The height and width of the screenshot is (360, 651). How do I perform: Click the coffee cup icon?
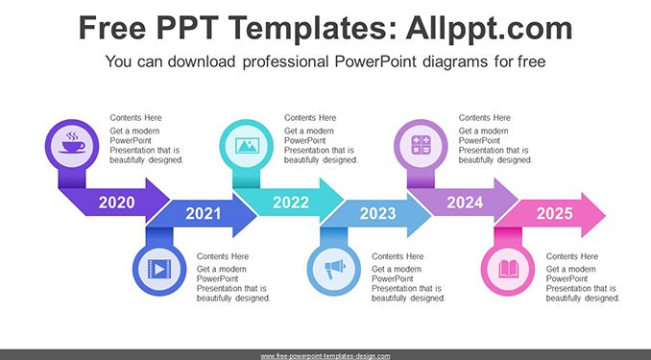point(72,143)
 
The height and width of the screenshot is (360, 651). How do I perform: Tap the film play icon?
point(159,269)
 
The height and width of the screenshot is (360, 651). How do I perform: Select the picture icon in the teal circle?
point(247,145)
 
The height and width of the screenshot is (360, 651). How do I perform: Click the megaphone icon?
point(335,269)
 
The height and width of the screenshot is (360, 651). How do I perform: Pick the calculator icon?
point(421,145)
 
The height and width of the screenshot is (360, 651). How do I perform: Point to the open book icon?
point(508,269)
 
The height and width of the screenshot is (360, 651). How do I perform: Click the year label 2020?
point(117,203)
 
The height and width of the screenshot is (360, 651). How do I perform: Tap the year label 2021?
point(203,213)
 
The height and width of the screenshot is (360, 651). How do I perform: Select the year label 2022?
point(291,203)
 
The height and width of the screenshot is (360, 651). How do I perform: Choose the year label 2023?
point(377,213)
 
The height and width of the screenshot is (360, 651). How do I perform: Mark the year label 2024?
point(465,203)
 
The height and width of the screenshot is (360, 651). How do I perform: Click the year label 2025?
point(555,213)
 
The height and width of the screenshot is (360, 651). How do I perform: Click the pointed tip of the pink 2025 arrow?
point(605,215)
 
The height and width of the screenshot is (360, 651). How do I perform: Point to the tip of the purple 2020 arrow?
point(169,200)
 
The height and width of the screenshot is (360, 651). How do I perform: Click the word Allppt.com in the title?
point(489,28)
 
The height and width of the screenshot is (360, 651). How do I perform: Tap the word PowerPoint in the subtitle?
point(375,61)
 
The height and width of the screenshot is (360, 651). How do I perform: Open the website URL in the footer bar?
point(325,356)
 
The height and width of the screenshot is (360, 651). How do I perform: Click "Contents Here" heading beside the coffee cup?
point(135,118)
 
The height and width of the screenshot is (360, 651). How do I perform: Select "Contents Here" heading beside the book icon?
point(572,256)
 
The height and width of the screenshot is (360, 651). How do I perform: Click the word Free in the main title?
point(112,28)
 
